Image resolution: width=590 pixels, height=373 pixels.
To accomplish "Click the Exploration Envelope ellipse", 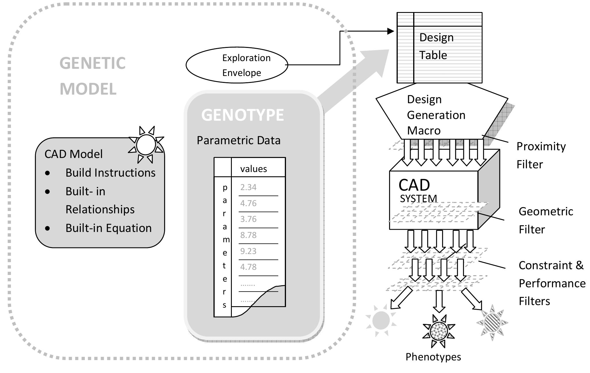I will (237, 65).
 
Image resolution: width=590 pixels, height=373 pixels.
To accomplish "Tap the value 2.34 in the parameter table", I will (248, 187).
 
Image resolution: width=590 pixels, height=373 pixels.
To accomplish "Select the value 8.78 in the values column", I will (248, 235).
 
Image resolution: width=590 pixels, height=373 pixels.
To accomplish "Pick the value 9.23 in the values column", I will (248, 251).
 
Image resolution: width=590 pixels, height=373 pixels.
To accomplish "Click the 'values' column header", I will (253, 169).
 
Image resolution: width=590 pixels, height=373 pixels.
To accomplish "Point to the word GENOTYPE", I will (242, 115).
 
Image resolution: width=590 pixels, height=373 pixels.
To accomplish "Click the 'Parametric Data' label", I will (238, 140).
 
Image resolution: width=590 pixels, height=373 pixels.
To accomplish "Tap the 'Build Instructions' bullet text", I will (110, 173).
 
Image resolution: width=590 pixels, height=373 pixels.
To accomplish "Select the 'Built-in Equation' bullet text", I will (108, 228).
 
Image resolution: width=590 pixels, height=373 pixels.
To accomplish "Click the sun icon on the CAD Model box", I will (146, 145).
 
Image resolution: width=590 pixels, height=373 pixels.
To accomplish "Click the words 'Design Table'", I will (436, 46).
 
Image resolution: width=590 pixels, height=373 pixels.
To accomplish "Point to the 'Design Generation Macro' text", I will (436, 115).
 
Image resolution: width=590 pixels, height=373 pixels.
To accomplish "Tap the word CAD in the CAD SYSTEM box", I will (414, 185).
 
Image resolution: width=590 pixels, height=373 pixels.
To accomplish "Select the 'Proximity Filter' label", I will (540, 155).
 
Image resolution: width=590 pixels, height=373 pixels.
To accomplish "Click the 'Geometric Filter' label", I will (545, 220).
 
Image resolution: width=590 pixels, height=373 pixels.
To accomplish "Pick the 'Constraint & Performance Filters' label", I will (552, 283).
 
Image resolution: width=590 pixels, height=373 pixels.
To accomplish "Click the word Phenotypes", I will (433, 357).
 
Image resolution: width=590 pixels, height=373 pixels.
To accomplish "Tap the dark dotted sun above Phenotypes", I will (439, 331).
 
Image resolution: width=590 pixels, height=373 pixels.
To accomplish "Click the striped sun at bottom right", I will (492, 323).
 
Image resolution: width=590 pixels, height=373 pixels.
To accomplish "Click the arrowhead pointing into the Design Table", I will (390, 31).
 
